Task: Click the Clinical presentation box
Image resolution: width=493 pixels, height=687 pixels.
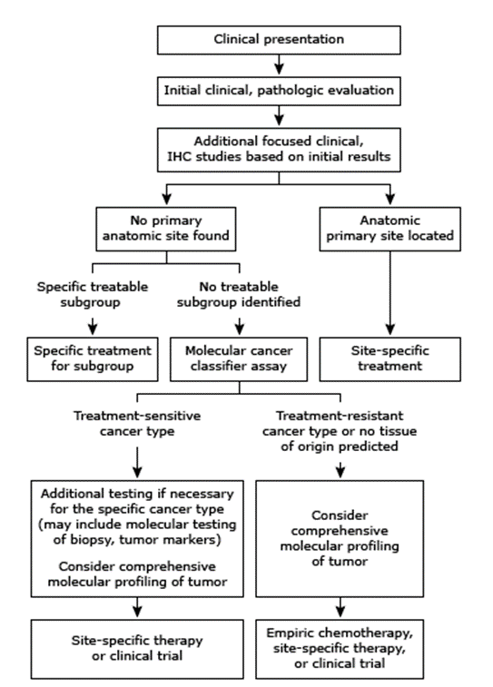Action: tap(279, 40)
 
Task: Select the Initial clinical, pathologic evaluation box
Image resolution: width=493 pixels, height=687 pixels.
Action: tap(279, 91)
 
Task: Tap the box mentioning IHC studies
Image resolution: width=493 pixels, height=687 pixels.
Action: tap(279, 150)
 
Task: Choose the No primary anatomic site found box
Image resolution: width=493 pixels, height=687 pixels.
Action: tap(166, 229)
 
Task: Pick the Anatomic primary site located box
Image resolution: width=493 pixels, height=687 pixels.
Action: tap(390, 229)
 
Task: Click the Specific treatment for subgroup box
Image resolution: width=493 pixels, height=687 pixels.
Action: tap(93, 358)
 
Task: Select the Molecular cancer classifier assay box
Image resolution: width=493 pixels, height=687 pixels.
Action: tap(239, 358)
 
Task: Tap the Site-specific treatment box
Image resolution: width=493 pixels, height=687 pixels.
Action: tap(390, 358)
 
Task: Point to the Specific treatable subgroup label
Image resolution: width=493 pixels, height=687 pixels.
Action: tap(92, 294)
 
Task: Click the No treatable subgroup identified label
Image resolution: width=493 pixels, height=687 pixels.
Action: tap(239, 294)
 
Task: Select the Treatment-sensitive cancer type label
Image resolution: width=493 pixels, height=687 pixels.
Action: tap(137, 423)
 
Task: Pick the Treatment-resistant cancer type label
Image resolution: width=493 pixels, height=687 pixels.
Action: tap(340, 431)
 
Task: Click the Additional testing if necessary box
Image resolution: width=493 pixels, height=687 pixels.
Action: tap(137, 538)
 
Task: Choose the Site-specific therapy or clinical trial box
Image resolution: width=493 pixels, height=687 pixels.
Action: tap(137, 649)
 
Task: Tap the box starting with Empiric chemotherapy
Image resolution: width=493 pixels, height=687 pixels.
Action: tap(340, 649)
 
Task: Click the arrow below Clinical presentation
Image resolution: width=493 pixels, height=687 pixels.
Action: tap(279, 64)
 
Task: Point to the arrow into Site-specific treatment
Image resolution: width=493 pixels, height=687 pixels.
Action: tap(390, 293)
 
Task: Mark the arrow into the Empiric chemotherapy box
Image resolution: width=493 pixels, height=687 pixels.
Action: tap(340, 607)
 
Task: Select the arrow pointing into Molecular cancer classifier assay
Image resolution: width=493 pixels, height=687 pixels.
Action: tap(240, 327)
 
